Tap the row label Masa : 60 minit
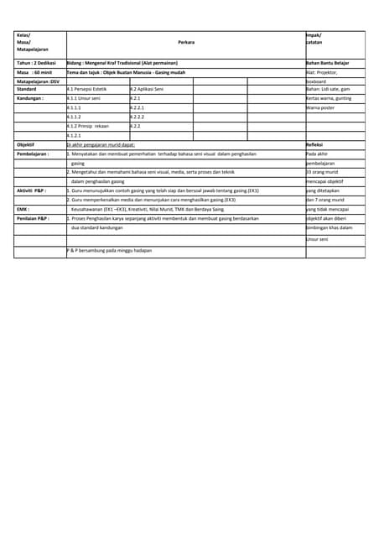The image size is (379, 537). (x=31, y=72)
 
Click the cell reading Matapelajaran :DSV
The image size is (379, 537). (x=38, y=81)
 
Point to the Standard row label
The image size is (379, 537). (x=26, y=89)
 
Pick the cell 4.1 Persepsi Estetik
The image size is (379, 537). (x=88, y=89)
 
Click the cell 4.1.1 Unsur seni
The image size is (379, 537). (x=84, y=98)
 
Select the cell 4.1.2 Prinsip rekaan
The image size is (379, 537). (x=88, y=126)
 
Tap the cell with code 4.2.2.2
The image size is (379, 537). (x=138, y=117)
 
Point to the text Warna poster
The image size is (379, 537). (x=320, y=107)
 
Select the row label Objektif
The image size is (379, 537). (x=25, y=144)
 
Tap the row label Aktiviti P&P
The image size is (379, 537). (x=32, y=190)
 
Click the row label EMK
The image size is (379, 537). (x=23, y=209)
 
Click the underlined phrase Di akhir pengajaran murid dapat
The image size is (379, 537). (x=101, y=144)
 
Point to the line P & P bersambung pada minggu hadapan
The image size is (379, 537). (x=116, y=251)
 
